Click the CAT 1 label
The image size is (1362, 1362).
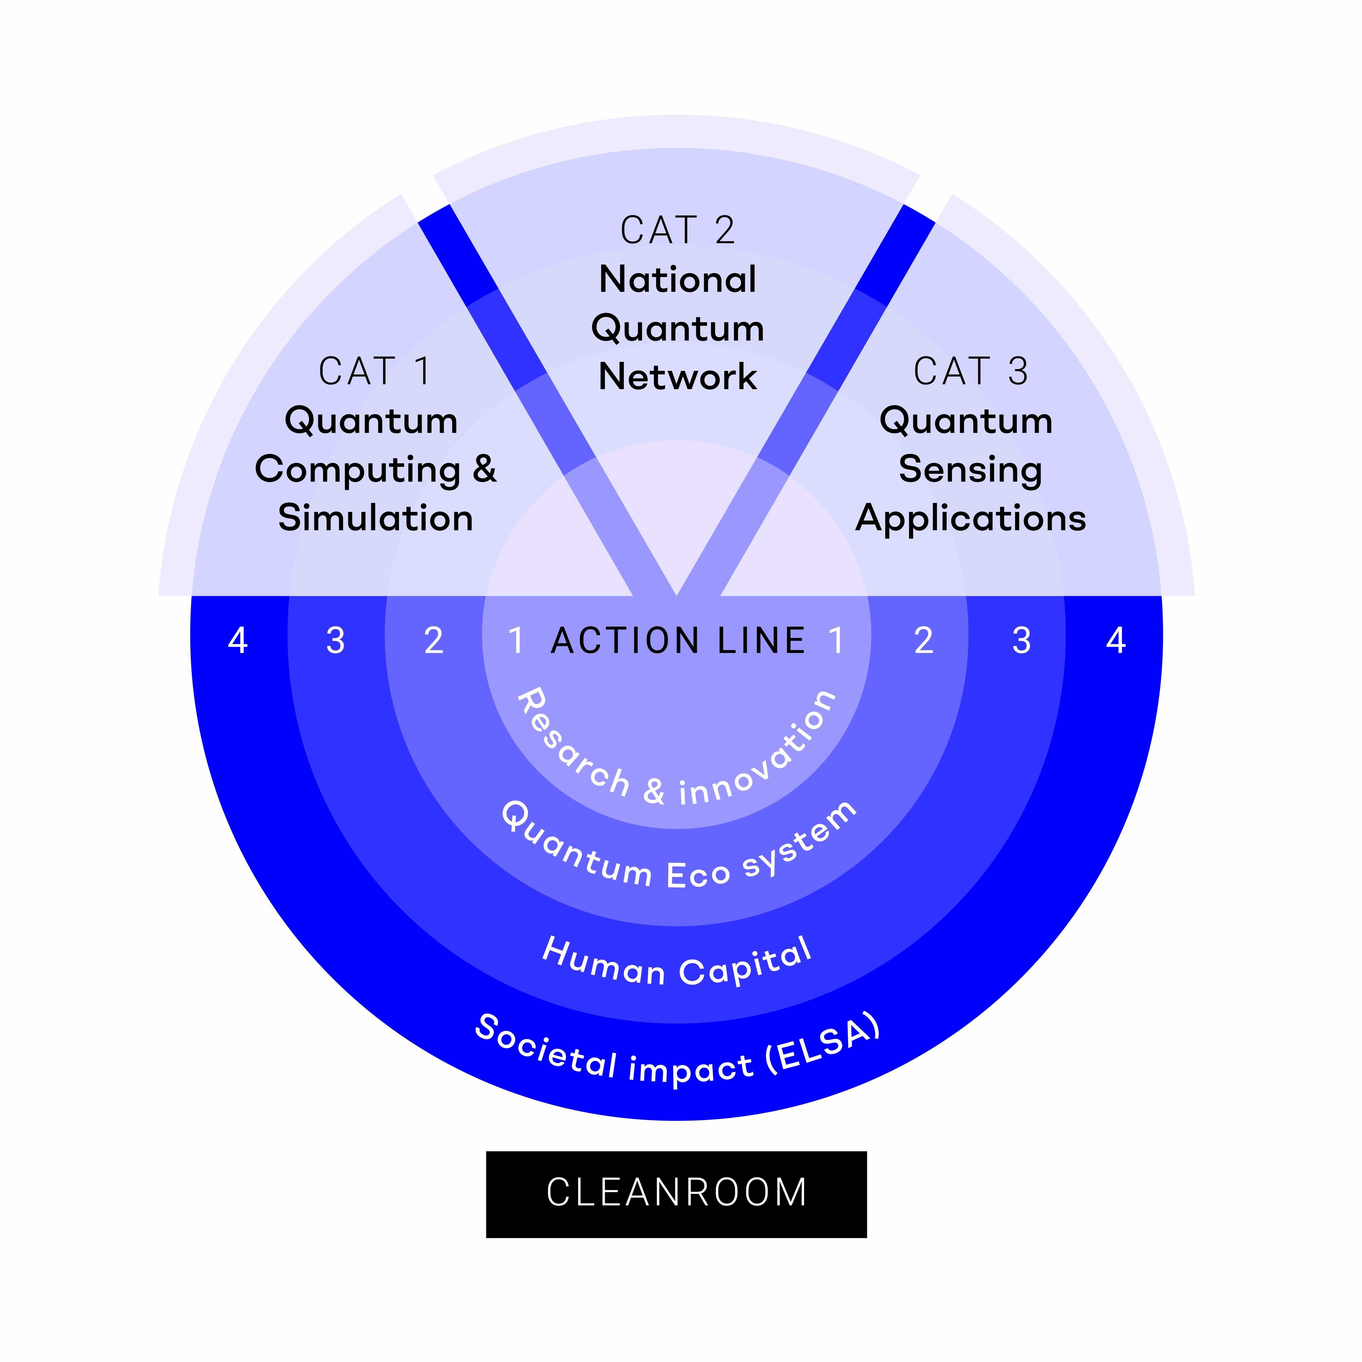[x=374, y=371]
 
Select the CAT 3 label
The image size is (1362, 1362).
[x=971, y=371]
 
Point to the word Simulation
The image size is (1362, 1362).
[x=375, y=518]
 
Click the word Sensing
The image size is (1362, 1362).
[x=971, y=470]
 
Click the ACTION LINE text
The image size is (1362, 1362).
[x=678, y=641]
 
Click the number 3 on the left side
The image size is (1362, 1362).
[x=336, y=641]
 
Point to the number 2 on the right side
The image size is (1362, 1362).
[x=924, y=641]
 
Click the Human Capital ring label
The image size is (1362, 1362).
[x=677, y=964]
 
